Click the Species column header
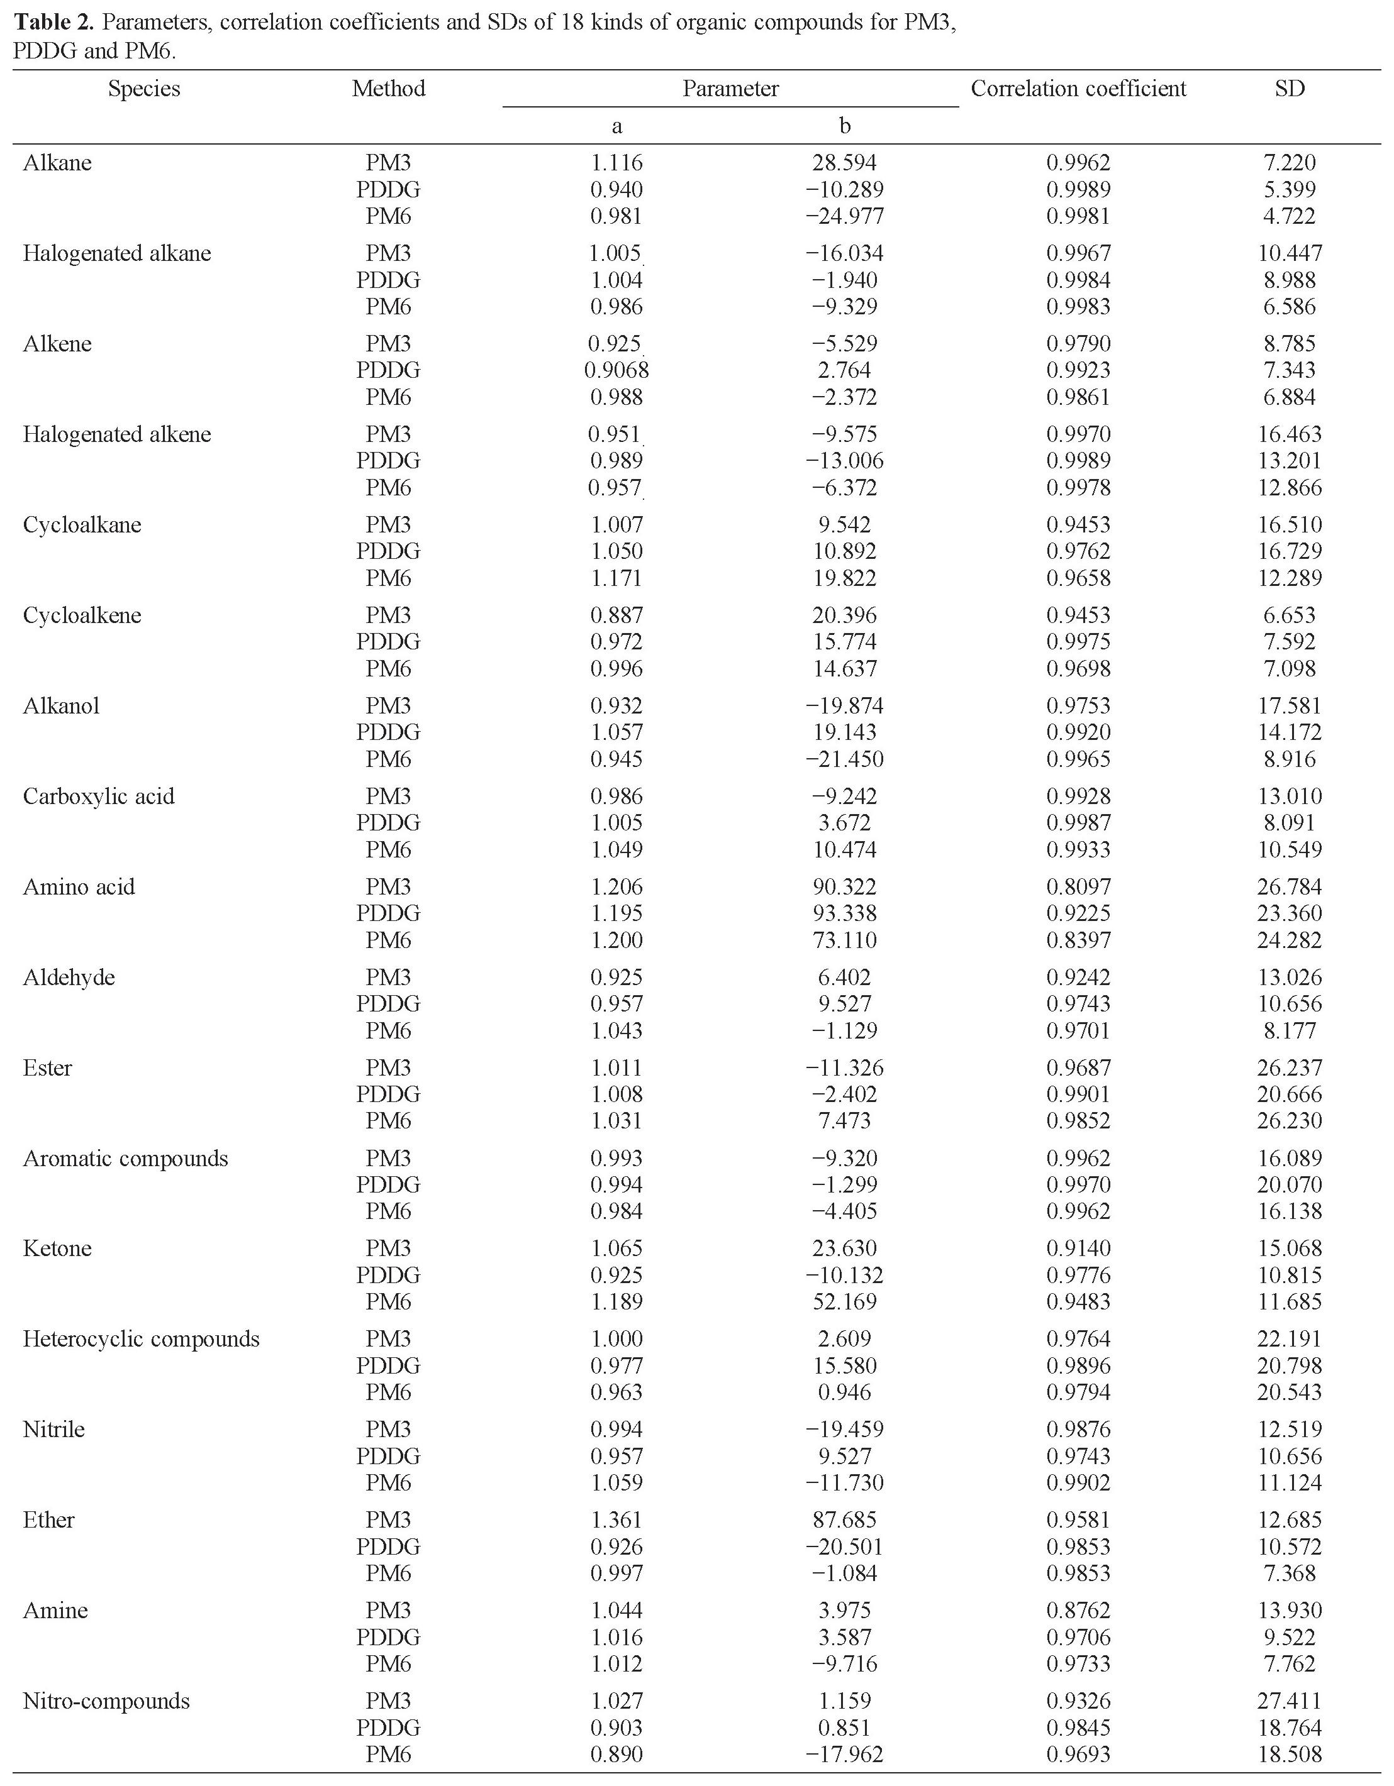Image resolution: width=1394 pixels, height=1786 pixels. point(144,88)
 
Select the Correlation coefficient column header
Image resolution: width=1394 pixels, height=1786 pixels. point(1078,88)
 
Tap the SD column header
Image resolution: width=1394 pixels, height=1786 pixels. point(1290,88)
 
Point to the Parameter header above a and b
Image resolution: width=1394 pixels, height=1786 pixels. point(730,88)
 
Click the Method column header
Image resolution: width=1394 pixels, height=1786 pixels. point(389,88)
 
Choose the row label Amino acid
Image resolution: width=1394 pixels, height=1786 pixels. point(79,886)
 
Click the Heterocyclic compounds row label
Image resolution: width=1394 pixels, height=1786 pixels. point(141,1338)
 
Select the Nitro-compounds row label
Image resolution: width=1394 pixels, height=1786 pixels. point(106,1701)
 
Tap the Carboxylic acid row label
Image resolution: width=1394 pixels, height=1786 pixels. point(98,796)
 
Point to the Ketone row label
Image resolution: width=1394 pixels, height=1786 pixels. point(57,1248)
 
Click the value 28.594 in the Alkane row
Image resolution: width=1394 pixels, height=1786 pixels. point(845,163)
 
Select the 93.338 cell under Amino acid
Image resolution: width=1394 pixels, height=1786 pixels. point(845,913)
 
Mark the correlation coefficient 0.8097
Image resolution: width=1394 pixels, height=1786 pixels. point(1078,886)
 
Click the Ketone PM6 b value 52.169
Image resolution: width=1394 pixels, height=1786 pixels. point(845,1301)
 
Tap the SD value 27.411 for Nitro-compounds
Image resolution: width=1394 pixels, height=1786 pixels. point(1290,1701)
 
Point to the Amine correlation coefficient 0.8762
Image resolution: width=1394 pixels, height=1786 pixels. point(1078,1610)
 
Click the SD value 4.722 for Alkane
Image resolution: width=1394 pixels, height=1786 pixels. point(1290,216)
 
